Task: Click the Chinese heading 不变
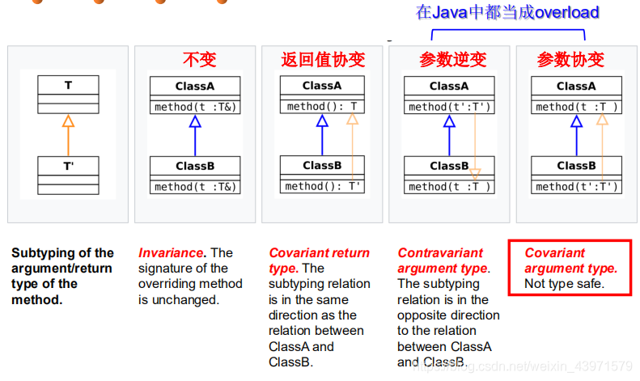click(199, 60)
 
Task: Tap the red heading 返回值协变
click(323, 60)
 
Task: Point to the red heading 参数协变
click(570, 60)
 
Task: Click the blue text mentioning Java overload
click(507, 12)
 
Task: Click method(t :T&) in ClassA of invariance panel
click(195, 107)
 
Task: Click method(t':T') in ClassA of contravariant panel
click(449, 107)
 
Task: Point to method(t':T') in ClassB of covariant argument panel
click(576, 186)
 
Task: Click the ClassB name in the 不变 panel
click(195, 166)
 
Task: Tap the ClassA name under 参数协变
click(576, 86)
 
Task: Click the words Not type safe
click(564, 283)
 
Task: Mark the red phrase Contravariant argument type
click(442, 260)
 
